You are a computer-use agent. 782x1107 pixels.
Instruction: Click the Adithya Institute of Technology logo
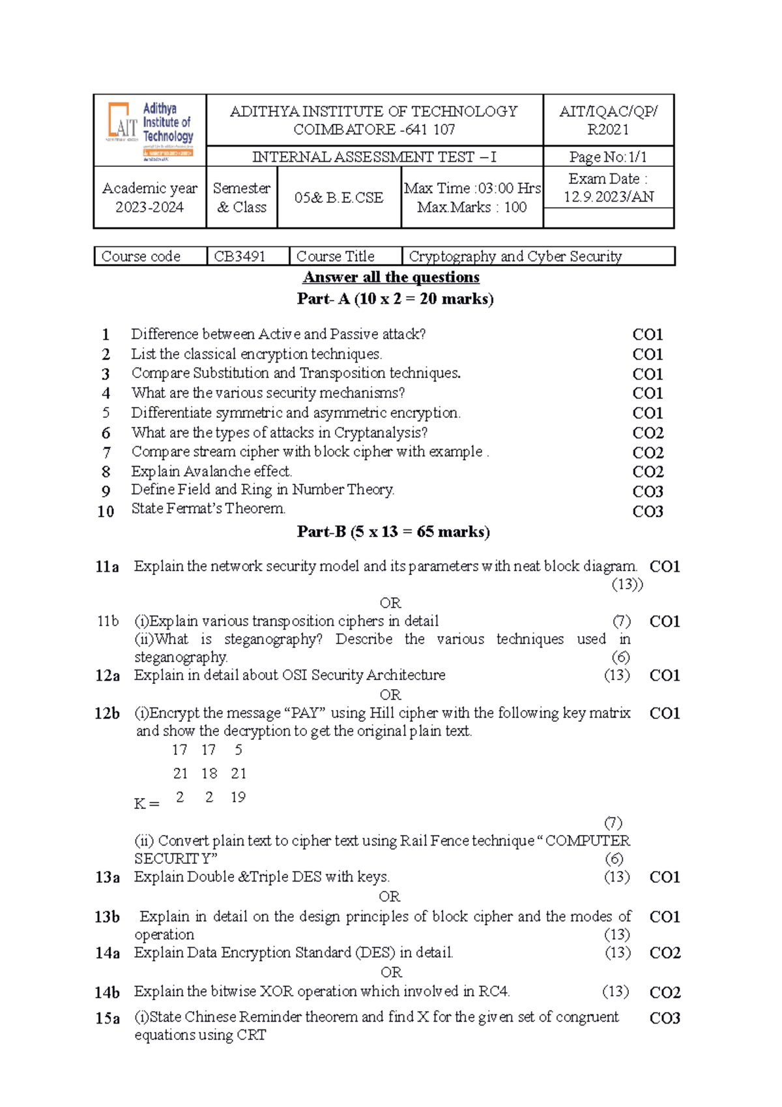(151, 130)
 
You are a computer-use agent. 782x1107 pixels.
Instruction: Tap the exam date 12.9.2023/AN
(608, 197)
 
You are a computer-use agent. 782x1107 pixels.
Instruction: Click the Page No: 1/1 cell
(608, 156)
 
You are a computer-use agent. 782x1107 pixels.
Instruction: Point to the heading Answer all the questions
(391, 277)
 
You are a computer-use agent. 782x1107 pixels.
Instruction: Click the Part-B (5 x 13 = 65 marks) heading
(393, 531)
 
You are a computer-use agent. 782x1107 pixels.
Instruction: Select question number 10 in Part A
(106, 511)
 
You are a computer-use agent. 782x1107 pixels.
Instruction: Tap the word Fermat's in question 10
(190, 508)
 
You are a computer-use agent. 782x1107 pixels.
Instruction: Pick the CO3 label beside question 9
(648, 491)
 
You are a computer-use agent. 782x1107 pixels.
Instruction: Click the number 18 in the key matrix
(209, 773)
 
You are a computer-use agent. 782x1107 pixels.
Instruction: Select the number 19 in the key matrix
(238, 797)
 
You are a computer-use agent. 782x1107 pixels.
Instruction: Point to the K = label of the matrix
(147, 804)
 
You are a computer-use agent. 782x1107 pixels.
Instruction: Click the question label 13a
(108, 877)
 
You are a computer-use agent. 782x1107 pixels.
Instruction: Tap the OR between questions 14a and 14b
(391, 972)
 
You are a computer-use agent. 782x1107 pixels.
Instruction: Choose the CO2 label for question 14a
(665, 952)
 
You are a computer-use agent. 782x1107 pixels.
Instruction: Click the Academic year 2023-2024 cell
(150, 198)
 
